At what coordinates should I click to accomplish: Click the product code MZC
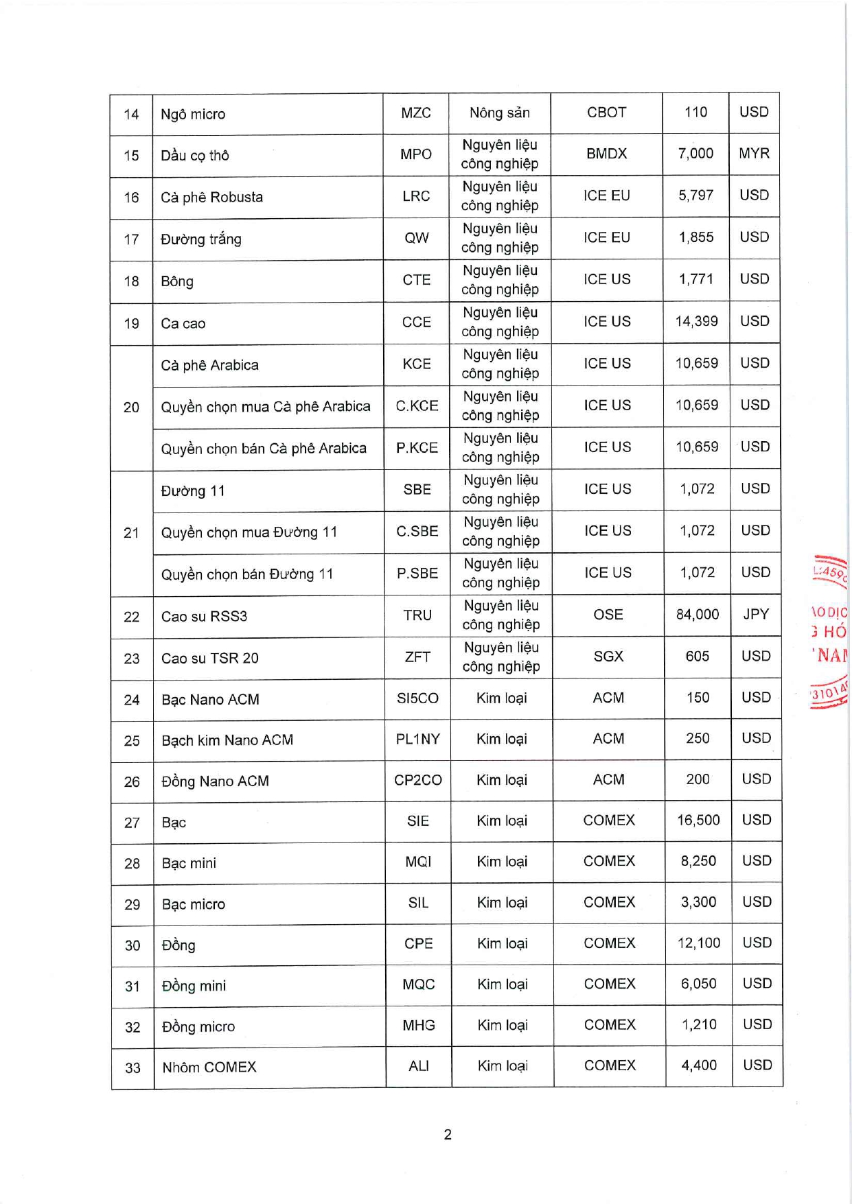[416, 113]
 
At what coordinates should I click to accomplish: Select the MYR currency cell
[754, 154]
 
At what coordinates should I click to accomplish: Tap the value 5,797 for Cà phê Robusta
[696, 196]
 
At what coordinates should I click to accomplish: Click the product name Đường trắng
[200, 239]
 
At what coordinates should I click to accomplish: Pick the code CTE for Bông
[417, 280]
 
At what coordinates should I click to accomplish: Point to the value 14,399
[696, 321]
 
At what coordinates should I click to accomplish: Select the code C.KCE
[417, 405]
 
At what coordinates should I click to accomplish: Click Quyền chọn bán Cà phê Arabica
[264, 449]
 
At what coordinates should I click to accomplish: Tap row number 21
[131, 532]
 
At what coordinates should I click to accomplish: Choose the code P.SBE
[417, 574]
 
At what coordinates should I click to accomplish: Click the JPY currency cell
[756, 614]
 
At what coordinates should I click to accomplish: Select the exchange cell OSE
[608, 615]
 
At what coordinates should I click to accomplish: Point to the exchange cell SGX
[608, 657]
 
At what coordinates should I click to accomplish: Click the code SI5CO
[417, 698]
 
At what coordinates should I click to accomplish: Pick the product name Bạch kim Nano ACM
[227, 740]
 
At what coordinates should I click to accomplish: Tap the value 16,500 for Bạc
[698, 821]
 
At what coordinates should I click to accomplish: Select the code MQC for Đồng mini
[419, 984]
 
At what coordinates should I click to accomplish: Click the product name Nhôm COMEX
[209, 1067]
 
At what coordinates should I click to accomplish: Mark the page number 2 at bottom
[448, 1135]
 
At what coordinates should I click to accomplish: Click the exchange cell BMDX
[607, 154]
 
